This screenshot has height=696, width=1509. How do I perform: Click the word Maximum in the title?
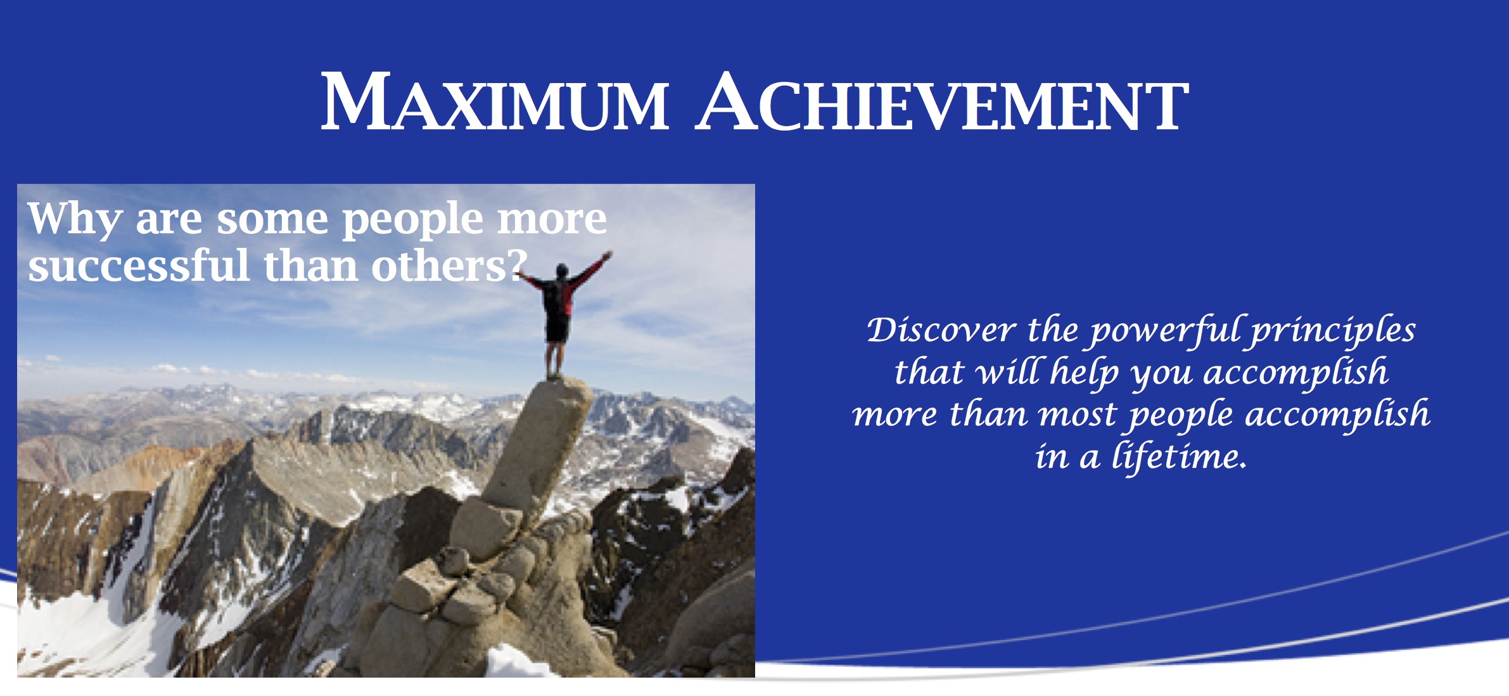[x=494, y=101]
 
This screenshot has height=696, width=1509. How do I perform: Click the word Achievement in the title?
[x=942, y=101]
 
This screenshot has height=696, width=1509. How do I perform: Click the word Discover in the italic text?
[x=941, y=330]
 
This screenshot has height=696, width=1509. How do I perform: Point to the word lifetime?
[x=1180, y=456]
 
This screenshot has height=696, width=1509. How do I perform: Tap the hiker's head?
[x=562, y=271]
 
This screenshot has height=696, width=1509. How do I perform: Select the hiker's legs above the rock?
[x=555, y=360]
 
